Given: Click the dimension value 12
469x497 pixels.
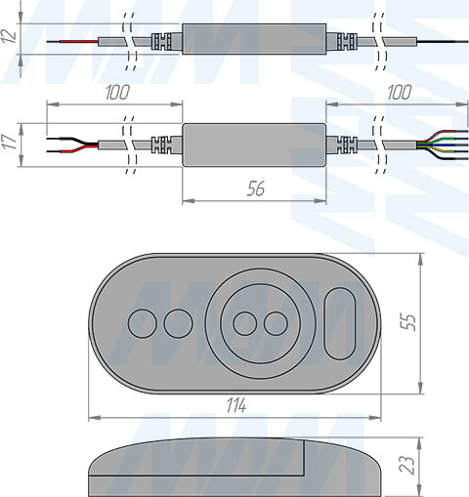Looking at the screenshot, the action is (9, 36).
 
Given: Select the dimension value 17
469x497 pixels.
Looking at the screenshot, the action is (10, 142).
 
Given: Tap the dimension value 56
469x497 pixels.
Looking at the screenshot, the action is (256, 188).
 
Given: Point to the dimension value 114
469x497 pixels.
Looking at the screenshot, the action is (236, 405).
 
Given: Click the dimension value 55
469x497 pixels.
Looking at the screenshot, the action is (409, 322).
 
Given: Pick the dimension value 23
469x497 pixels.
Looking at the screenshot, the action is (407, 465).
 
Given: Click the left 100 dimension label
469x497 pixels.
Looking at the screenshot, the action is (117, 93).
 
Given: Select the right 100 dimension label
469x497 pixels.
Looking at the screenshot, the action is (399, 93).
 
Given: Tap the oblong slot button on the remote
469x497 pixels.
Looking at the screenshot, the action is (340, 323).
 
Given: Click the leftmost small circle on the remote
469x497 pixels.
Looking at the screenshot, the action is (143, 323).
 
